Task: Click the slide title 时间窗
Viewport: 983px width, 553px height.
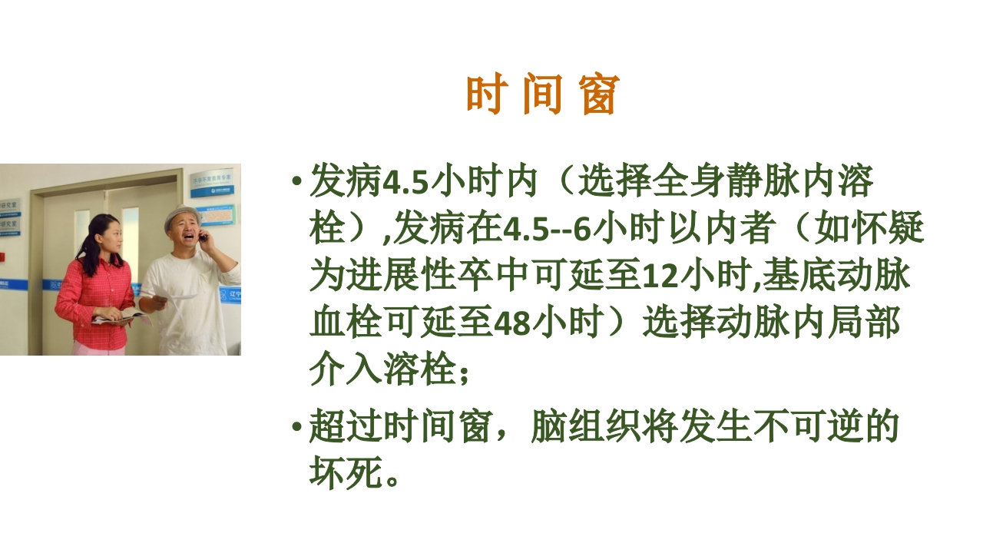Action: (542, 96)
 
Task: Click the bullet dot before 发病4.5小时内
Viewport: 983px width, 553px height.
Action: (296, 184)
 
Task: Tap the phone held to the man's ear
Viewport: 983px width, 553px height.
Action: (203, 237)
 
